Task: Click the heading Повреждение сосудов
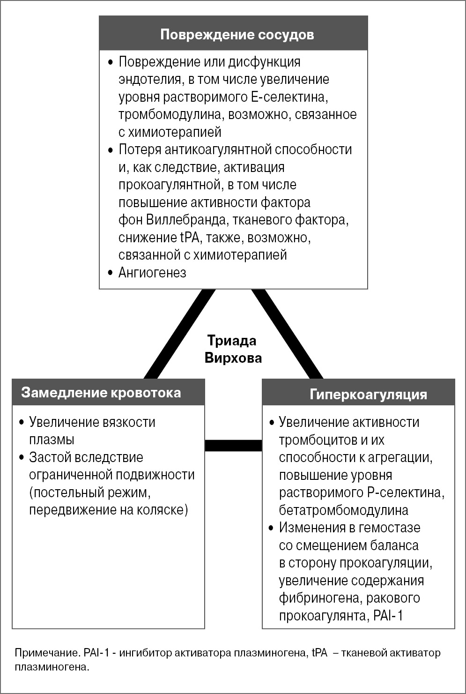coord(237,35)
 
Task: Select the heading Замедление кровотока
coord(101,393)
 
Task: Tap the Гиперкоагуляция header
coord(368,394)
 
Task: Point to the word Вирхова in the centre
coord(233,358)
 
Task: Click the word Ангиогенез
coord(152,273)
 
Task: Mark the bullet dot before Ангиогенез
coord(110,272)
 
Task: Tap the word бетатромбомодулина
coord(343,510)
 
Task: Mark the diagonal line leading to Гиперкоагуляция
coord(288,334)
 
